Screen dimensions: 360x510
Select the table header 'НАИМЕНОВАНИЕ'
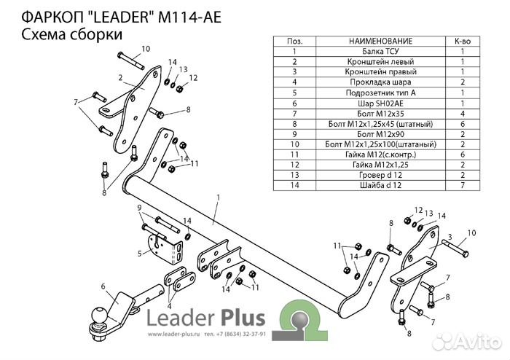380,42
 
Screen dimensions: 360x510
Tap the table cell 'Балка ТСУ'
380,52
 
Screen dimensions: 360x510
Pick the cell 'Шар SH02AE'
380,103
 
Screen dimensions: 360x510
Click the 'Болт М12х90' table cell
380,135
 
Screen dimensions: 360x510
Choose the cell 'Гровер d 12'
380,176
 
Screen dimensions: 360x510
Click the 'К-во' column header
462,42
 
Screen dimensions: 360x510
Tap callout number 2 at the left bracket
119,77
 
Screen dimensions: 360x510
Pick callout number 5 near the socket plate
139,254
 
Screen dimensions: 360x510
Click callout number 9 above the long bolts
138,208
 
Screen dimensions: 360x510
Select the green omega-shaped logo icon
299,319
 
